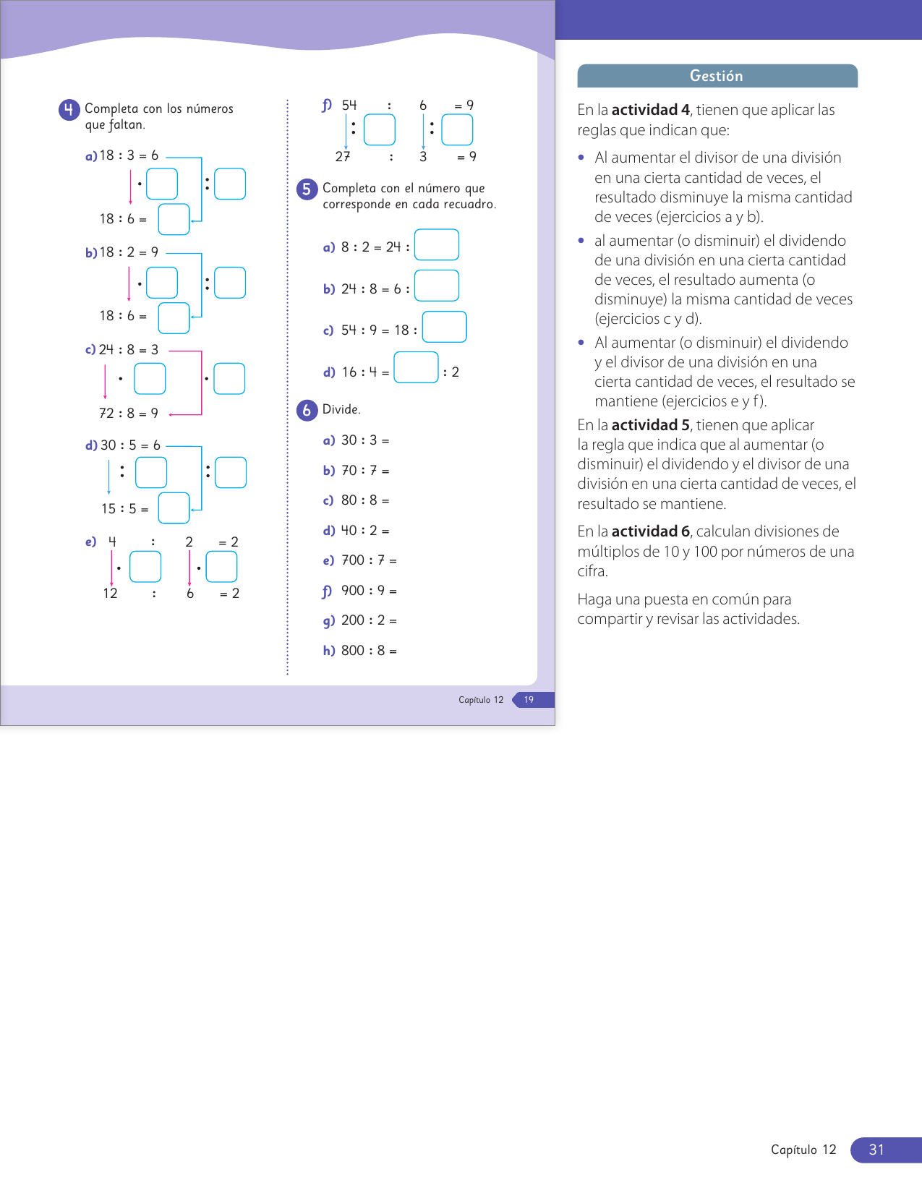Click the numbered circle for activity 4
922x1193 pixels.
(69, 110)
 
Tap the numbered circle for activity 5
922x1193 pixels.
(307, 189)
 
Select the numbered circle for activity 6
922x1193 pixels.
(307, 410)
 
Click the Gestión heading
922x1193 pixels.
(717, 76)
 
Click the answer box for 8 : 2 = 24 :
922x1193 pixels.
(437, 245)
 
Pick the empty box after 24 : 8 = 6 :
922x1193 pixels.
(437, 286)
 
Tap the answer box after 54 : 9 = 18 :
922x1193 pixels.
(444, 327)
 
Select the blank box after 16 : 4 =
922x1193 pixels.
(416, 367)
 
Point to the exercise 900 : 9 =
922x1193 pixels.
(368, 591)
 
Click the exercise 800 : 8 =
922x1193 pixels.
(368, 651)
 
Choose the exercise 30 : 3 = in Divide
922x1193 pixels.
(364, 440)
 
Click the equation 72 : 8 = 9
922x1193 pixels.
(129, 414)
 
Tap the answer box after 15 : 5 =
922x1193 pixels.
(174, 508)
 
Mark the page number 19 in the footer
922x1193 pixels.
(529, 700)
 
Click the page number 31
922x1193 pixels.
(876, 1150)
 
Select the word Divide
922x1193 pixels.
(341, 409)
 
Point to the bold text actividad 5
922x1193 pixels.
(650, 425)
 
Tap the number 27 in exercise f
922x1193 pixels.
(343, 157)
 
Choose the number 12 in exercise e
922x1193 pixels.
(110, 594)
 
